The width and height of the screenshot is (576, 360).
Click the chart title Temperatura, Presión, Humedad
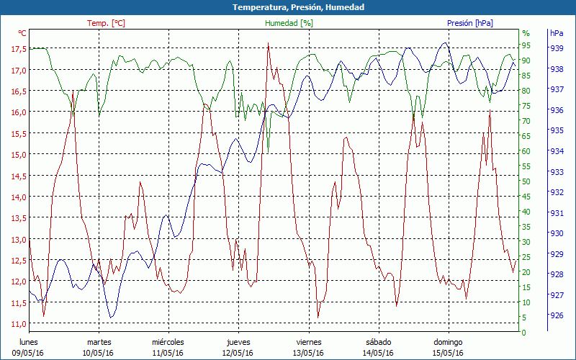(x=288, y=7)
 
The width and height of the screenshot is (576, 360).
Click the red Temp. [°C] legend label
(x=106, y=23)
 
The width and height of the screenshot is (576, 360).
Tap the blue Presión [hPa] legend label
(x=470, y=23)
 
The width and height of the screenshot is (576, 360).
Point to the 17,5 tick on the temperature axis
(x=19, y=49)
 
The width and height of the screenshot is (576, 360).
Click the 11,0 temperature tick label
(x=19, y=324)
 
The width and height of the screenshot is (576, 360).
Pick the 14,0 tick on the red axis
(x=19, y=197)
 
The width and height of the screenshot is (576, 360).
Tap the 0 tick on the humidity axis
(x=524, y=333)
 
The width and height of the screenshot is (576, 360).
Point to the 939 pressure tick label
(x=557, y=48)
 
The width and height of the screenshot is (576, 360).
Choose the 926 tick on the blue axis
(x=557, y=315)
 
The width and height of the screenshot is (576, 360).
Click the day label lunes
(x=28, y=342)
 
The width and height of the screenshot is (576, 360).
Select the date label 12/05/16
(x=238, y=353)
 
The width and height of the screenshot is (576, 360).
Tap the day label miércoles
(x=168, y=342)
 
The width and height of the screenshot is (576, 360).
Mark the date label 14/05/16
(x=379, y=353)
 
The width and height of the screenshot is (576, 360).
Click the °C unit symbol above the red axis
(x=22, y=33)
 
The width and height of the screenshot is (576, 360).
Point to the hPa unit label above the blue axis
(x=557, y=33)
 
